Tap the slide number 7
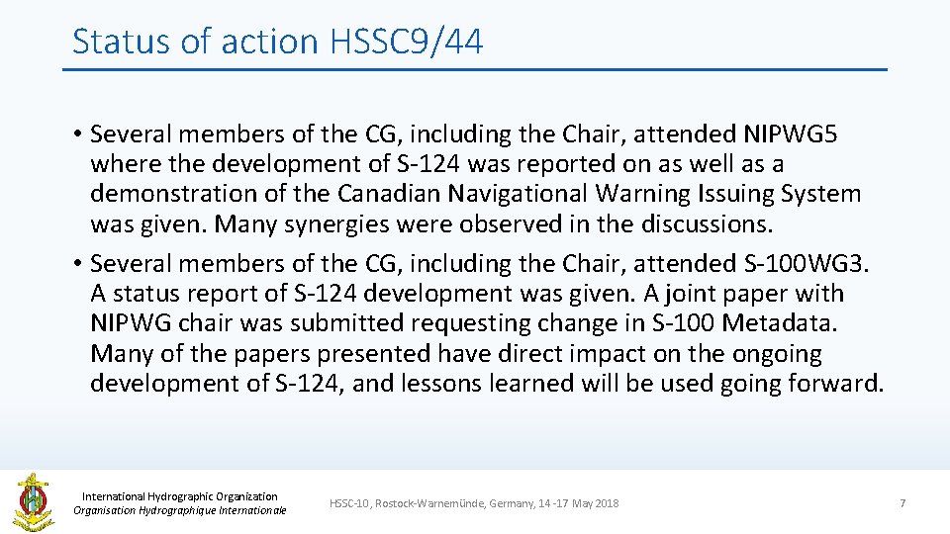tap(902, 503)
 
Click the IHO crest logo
tap(32, 501)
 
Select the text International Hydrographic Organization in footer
tap(179, 496)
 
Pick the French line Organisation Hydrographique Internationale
tap(179, 510)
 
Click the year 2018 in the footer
tap(607, 503)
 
